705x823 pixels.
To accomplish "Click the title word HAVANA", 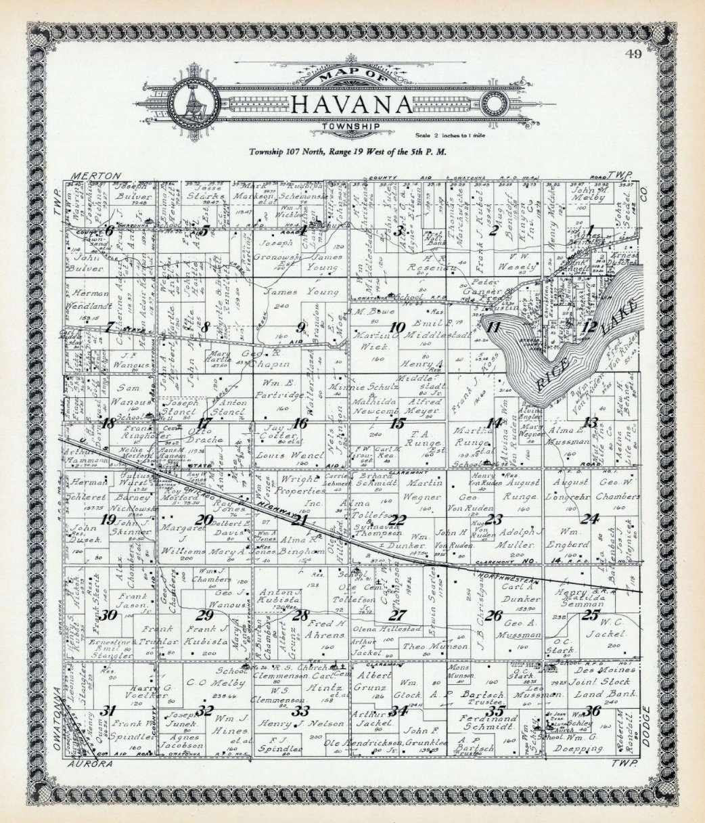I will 351,106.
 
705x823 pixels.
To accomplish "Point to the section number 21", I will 299,520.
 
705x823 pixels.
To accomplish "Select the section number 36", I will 593,711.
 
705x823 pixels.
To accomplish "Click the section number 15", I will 397,424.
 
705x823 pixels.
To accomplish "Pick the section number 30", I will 108,615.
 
